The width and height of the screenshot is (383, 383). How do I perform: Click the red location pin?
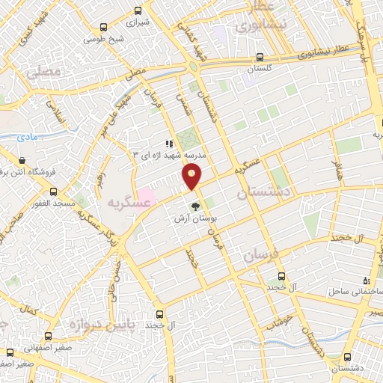[192, 177]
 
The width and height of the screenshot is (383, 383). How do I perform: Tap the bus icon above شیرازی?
[138, 10]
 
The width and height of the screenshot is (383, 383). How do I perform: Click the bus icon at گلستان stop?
[259, 56]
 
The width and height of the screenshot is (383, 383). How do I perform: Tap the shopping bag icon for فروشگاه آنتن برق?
[22, 160]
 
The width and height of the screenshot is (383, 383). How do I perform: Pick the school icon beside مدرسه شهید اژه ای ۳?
[169, 143]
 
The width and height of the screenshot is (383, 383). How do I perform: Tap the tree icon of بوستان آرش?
[195, 206]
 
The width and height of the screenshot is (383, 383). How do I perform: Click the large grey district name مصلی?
[40, 74]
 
